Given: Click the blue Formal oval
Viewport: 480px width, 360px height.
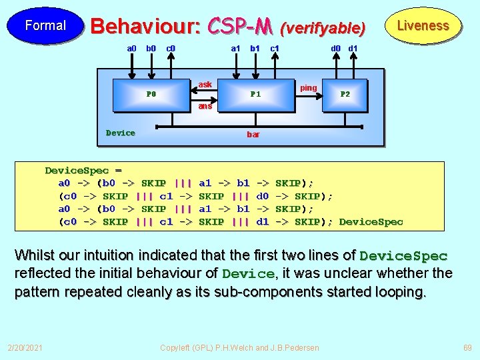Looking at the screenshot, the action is [x=45, y=26].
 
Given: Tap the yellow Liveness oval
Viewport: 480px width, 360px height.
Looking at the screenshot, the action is [x=423, y=26].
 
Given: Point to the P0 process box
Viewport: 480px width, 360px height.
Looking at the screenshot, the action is [x=151, y=94].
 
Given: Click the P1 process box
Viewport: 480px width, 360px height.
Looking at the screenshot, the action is [x=255, y=94].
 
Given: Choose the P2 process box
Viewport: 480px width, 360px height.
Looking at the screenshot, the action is [x=345, y=94].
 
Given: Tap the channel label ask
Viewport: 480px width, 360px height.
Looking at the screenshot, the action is [x=205, y=85].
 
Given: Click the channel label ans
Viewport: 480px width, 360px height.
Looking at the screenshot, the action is [x=205, y=106].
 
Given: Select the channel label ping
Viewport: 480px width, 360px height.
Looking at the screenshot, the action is [x=309, y=88].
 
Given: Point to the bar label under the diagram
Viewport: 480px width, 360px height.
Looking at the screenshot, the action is [x=253, y=135].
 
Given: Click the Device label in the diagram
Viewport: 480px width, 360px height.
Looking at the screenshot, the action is [x=121, y=133].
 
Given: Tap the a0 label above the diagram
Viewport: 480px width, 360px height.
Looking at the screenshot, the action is [x=132, y=48].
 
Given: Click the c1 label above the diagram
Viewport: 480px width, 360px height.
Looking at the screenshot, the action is [x=274, y=48].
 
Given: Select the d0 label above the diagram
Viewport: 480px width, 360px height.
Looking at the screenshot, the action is [x=337, y=48].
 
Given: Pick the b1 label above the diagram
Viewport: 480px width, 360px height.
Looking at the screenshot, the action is [x=255, y=48].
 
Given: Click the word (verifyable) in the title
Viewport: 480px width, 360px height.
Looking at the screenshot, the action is [x=323, y=28].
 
